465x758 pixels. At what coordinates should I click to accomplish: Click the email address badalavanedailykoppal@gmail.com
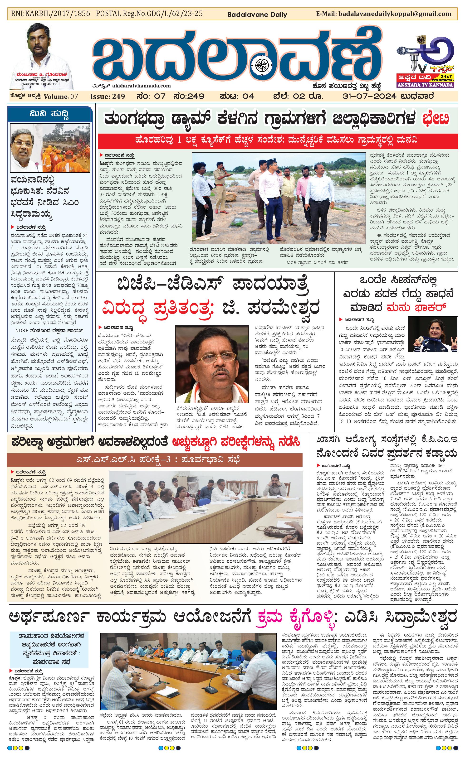coord(395,14)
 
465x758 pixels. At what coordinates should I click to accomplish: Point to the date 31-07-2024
coord(369,96)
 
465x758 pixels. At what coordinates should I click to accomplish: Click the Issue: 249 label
coord(108,96)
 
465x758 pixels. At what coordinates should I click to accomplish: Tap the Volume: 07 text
coord(61,97)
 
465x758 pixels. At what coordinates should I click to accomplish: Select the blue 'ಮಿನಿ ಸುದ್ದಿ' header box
coord(50,114)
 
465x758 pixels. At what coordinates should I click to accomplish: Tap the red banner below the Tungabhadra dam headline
coord(276,140)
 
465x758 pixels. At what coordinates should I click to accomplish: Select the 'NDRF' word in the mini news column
coord(22,331)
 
